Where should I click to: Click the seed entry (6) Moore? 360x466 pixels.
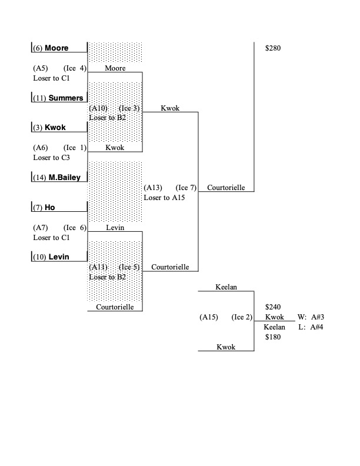(x=58, y=48)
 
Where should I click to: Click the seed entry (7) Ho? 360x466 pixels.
(x=48, y=208)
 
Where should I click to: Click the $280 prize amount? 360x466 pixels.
(x=274, y=48)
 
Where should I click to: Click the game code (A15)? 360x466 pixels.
(x=209, y=317)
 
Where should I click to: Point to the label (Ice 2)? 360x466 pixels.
(x=242, y=317)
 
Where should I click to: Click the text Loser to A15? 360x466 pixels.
(x=164, y=198)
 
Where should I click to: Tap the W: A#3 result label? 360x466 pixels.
(x=312, y=317)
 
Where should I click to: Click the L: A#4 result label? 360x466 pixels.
(x=312, y=327)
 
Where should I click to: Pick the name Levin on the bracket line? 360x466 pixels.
(x=115, y=227)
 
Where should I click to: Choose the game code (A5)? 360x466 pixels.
(x=41, y=68)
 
